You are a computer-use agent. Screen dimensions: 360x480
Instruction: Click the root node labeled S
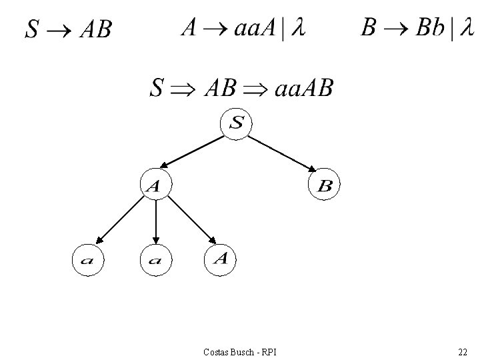click(237, 123)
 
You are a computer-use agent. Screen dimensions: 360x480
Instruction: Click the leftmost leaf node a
click(88, 261)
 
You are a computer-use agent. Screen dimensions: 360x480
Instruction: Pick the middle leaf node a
click(155, 261)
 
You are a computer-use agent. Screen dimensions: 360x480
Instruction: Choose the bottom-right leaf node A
click(221, 259)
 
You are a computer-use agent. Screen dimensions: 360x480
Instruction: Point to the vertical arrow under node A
click(155, 221)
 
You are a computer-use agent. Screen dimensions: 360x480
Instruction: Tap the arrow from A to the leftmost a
click(120, 221)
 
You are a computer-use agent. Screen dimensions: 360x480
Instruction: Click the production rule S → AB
click(68, 29)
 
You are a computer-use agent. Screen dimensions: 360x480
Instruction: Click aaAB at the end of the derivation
click(303, 87)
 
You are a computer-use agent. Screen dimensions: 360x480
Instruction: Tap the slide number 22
click(462, 351)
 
